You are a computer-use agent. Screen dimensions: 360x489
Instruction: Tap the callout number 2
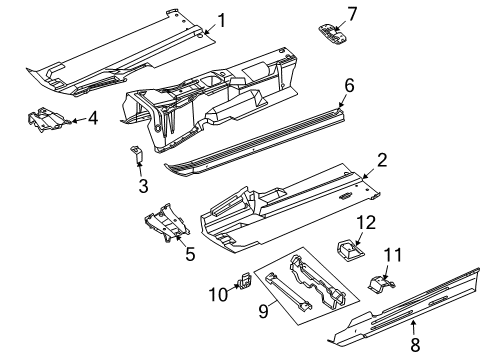[x=382, y=159]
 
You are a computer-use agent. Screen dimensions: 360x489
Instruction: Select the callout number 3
[x=142, y=186]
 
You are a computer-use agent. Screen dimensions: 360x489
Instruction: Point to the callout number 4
[x=92, y=119]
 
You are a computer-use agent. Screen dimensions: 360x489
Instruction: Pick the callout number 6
[x=348, y=86]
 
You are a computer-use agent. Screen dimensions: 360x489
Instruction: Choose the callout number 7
[x=351, y=13]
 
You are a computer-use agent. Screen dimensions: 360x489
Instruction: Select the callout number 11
[x=393, y=255]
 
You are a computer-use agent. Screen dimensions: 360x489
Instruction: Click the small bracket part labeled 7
[x=333, y=33]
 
